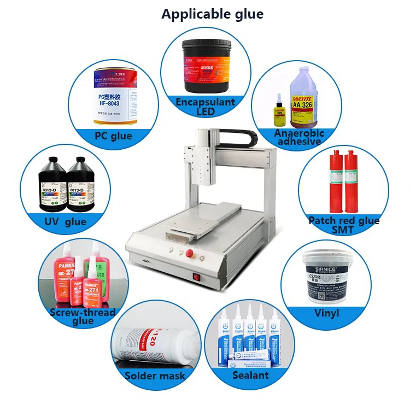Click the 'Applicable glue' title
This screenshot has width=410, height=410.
coord(212,14)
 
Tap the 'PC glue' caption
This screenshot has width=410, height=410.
coord(113,135)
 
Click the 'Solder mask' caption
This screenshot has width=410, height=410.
coord(155,376)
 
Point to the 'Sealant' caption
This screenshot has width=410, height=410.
coord(250,375)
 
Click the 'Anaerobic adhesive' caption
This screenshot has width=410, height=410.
coord(300,137)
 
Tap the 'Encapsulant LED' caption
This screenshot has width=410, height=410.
coord(205,107)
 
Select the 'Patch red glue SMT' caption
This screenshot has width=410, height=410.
coord(344,225)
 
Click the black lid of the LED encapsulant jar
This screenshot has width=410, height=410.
coord(204,43)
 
